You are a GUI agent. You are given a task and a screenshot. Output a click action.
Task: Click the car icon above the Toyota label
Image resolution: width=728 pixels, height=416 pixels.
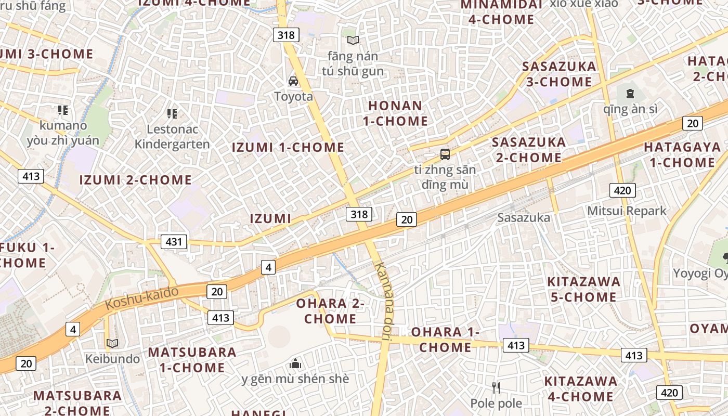pos(293,81)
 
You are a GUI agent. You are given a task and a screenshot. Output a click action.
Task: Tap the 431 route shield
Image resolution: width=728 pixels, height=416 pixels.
pos(174,241)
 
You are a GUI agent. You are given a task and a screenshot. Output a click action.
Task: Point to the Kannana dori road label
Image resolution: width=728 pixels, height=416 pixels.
pos(384,301)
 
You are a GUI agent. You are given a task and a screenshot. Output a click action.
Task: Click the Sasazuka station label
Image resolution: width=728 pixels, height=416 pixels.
pos(523,218)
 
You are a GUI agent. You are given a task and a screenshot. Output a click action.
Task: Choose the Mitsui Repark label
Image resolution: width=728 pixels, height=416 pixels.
pos(627,211)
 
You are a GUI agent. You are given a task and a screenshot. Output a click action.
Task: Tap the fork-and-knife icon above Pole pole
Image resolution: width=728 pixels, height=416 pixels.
pos(496,387)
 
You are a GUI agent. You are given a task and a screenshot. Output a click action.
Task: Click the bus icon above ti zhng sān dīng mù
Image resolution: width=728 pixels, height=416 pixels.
pos(445,154)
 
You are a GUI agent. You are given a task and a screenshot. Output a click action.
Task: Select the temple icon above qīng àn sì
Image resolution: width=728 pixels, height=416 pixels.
pos(630,94)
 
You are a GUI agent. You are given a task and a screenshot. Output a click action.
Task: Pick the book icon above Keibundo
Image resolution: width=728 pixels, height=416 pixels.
pos(112,343)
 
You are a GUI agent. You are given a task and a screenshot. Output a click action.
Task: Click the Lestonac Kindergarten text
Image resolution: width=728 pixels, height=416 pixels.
pos(172,136)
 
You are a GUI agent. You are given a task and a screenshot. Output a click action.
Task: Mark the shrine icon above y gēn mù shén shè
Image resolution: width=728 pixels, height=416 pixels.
pos(295,363)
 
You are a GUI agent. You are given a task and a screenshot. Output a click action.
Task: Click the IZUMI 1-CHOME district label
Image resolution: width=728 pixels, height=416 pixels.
pos(288,147)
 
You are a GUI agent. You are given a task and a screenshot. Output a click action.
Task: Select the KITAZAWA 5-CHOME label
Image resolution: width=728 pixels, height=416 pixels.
pos(583,289)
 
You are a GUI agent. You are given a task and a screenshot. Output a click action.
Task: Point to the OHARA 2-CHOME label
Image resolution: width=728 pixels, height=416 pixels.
pos(330,311)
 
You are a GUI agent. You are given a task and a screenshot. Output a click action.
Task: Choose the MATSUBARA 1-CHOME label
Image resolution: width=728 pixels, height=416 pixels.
pos(192,360)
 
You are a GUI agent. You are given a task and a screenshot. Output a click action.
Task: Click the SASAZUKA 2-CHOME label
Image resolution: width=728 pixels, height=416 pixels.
pos(528,149)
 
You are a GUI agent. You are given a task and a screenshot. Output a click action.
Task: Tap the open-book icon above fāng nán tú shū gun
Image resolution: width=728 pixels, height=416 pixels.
pos(353,40)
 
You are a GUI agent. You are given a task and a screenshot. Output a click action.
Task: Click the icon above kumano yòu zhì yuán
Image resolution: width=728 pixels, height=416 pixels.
pos(63,110)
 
